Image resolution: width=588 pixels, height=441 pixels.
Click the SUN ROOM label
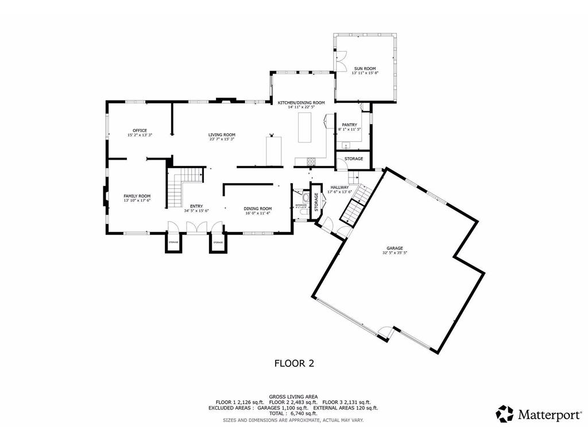click(365, 68)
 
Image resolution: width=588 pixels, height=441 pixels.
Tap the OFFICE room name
click(140, 130)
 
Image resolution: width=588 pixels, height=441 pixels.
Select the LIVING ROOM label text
click(222, 134)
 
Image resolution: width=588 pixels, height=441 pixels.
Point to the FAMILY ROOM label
click(137, 196)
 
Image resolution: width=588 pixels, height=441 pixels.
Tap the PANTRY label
click(349, 125)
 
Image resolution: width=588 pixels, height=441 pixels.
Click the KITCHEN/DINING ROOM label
click(301, 102)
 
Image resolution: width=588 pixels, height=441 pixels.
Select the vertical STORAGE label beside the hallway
click(316, 202)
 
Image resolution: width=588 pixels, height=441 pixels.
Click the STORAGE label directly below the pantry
click(354, 158)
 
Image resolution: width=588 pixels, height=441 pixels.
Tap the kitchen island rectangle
click(304, 127)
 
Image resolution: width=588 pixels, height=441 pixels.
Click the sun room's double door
click(341, 60)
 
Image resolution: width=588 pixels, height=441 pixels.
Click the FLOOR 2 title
click(293, 363)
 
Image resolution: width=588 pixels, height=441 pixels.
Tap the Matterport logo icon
click(505, 413)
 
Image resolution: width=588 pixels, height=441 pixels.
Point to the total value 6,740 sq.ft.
click(303, 413)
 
